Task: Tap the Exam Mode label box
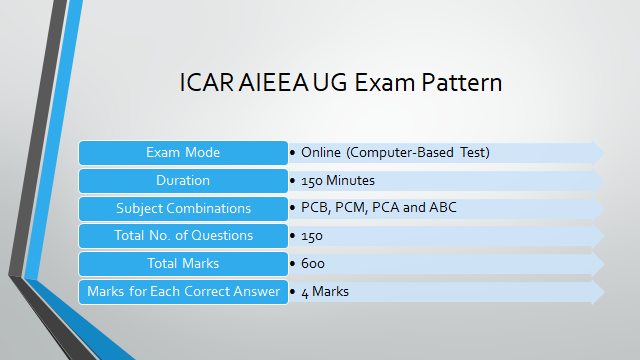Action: [x=183, y=153]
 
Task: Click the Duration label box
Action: [x=183, y=181]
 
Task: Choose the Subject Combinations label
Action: [x=183, y=208]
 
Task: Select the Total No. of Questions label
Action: [x=183, y=236]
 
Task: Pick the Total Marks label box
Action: [x=183, y=264]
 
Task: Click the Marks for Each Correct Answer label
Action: [x=183, y=292]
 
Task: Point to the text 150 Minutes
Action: [x=338, y=181]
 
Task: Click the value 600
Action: [x=312, y=264]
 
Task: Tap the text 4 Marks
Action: [x=325, y=292]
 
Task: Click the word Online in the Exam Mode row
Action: [x=321, y=153]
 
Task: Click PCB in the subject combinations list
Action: [x=314, y=208]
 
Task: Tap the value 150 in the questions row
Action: [x=312, y=236]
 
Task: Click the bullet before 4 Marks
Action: [x=293, y=292]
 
